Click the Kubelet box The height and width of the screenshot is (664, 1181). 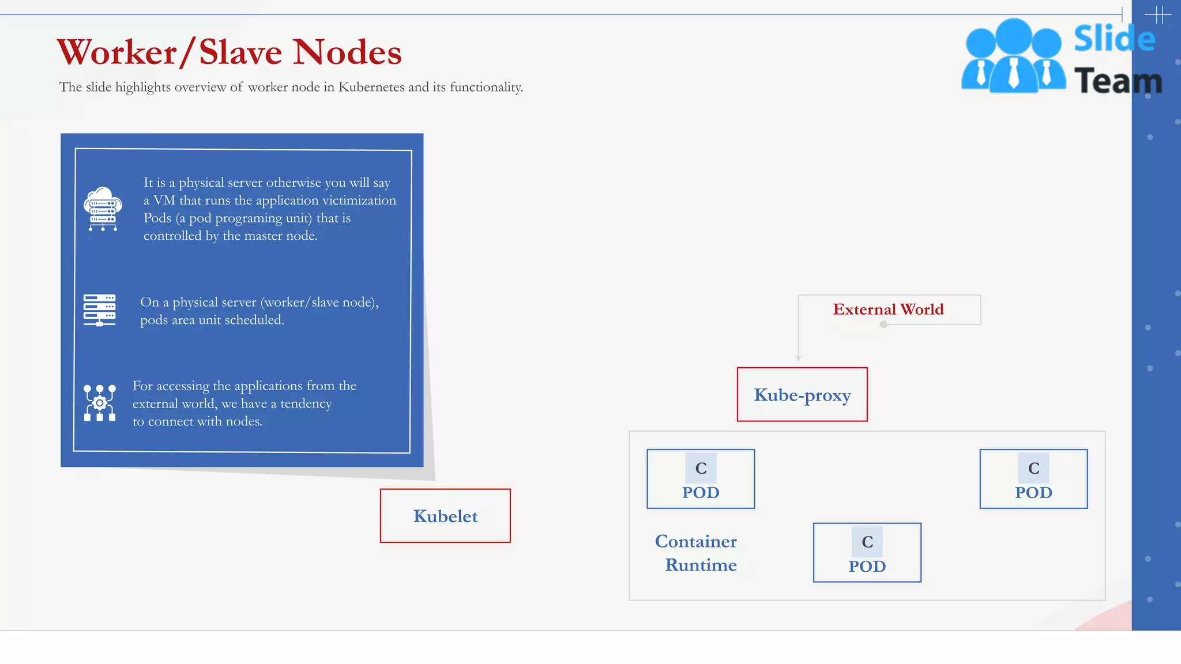pos(445,516)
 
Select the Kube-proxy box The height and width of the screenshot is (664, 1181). pos(802,395)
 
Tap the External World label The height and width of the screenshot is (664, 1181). pos(888,310)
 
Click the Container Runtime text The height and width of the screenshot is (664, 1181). pos(697,553)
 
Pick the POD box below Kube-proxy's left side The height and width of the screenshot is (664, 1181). pos(701,479)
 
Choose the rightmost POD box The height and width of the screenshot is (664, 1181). pos(1033,479)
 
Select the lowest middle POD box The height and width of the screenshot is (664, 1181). pos(867,553)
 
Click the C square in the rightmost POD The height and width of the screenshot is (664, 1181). pos(1033,468)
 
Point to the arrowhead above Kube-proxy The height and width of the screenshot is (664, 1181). pos(799,358)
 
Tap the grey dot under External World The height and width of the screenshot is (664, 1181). pos(883,325)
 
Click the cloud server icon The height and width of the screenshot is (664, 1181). pos(103,209)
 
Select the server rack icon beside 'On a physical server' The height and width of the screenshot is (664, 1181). pos(100,310)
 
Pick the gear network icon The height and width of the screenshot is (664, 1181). pos(100,403)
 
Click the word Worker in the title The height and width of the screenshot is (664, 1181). pos(117,52)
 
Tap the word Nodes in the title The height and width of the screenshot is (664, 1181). pos(347,52)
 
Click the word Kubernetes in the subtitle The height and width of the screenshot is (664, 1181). pos(371,87)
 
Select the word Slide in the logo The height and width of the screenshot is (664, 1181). pos(1114,39)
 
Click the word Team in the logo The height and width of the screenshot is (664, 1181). pos(1118,81)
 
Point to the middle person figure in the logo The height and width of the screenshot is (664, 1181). pos(1013,56)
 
